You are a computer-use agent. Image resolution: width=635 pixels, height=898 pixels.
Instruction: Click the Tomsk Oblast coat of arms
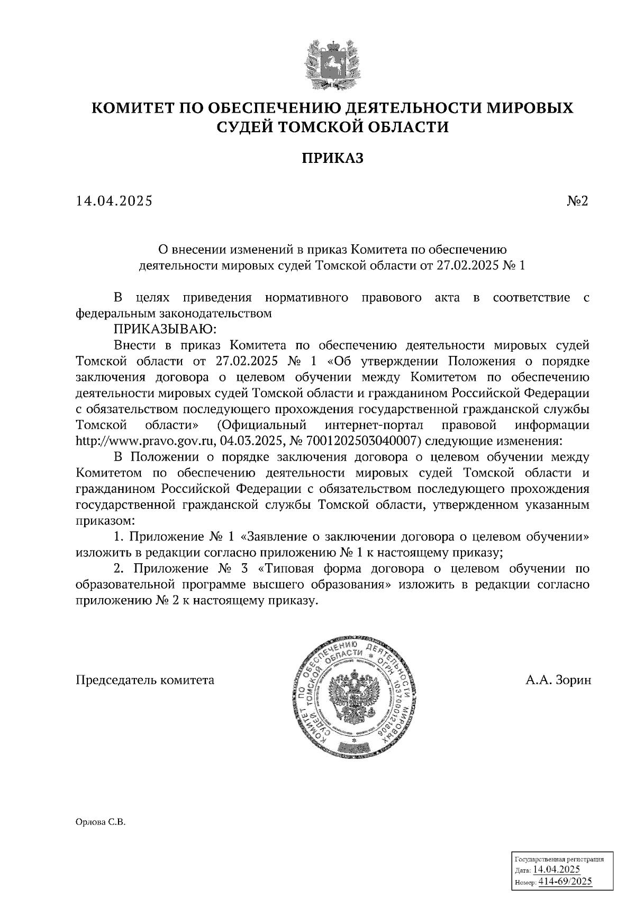[332, 62]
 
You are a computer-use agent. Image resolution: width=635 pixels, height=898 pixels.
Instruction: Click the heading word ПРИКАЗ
[333, 158]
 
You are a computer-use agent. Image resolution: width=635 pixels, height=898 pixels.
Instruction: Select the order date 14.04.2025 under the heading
[114, 201]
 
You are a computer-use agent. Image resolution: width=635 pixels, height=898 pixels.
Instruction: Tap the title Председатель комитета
[145, 680]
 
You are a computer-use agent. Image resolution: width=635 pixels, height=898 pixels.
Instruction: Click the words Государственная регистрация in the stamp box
[559, 859]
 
